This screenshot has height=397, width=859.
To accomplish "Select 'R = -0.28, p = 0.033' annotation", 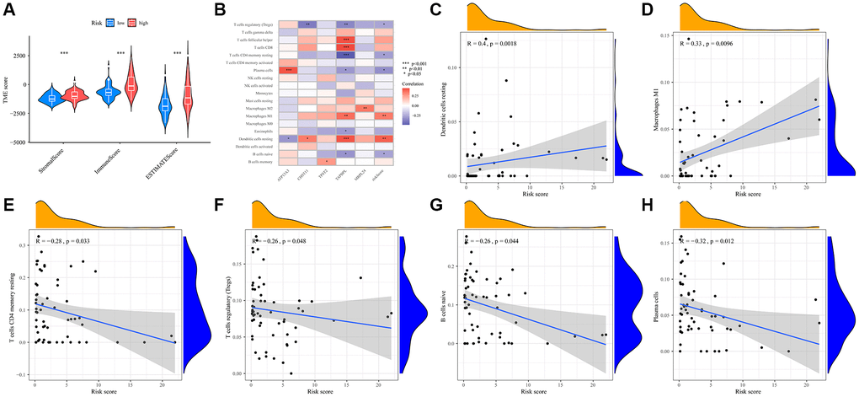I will click(61, 241).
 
